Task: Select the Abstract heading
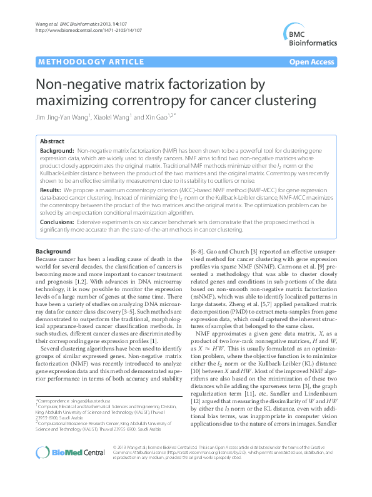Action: (52, 141)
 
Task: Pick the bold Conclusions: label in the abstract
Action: (58, 222)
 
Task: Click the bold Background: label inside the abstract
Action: (57, 151)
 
